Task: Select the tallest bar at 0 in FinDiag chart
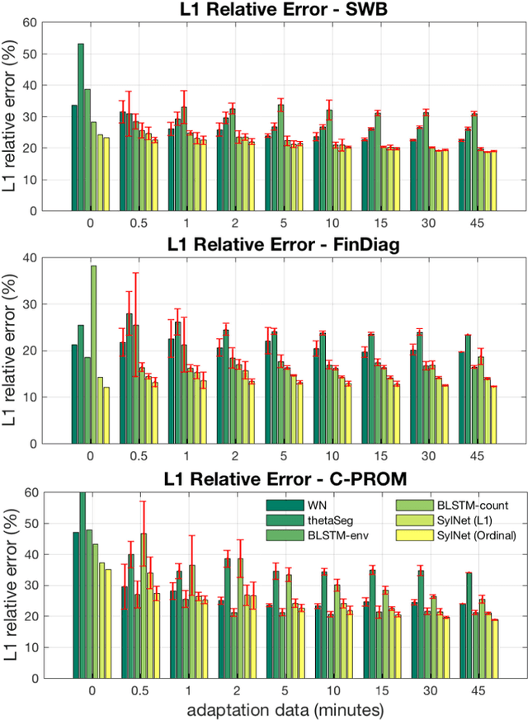coord(93,355)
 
